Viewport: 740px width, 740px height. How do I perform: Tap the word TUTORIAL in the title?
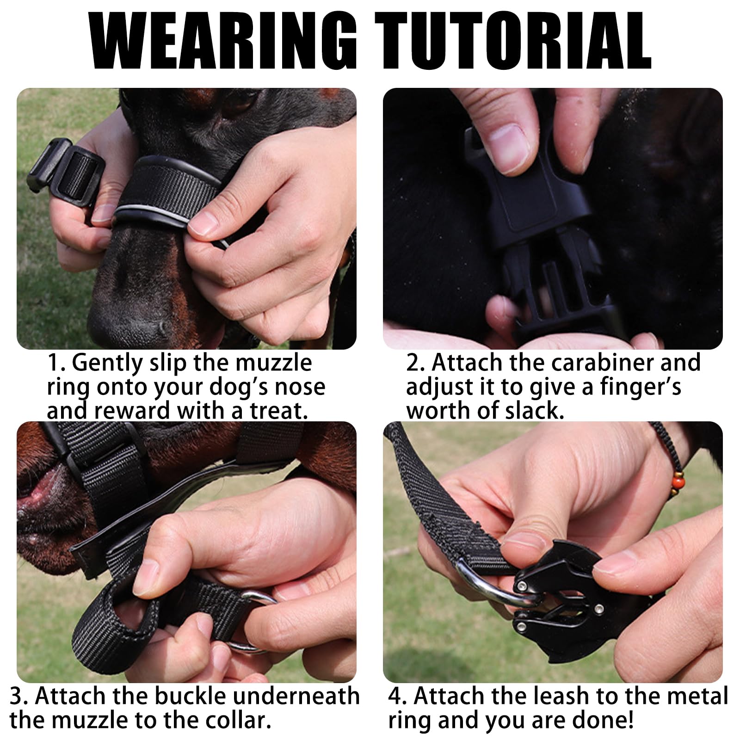(513, 41)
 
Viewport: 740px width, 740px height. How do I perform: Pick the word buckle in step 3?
(190, 696)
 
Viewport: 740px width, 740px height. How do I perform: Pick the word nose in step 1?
(300, 386)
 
